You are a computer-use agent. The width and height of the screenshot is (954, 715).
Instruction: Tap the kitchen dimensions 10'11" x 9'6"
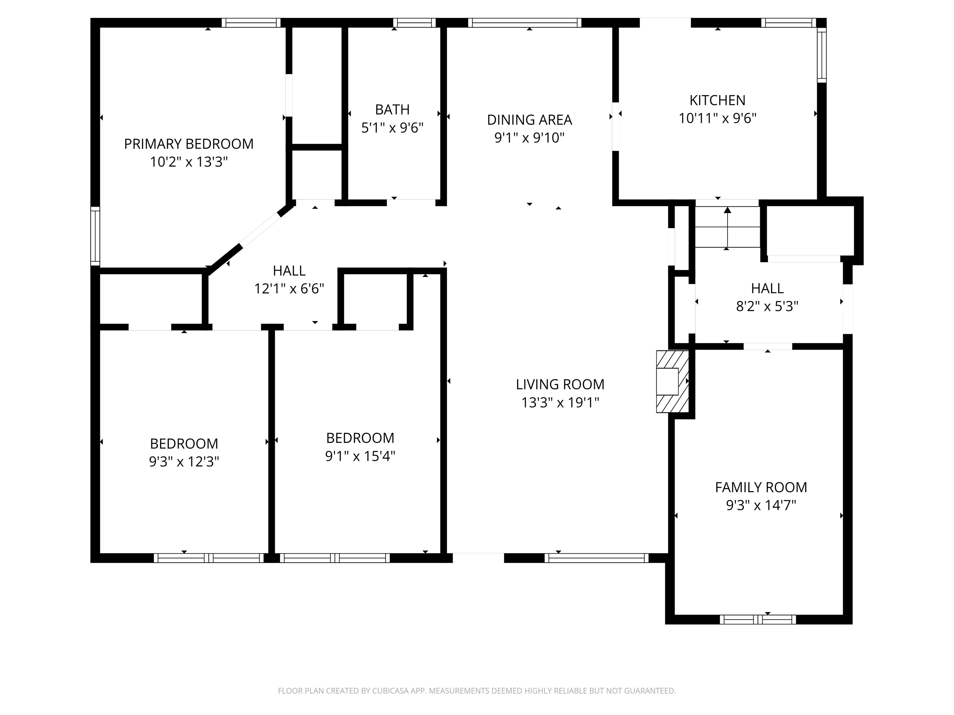tap(717, 118)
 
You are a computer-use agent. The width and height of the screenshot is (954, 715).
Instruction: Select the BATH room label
tap(392, 110)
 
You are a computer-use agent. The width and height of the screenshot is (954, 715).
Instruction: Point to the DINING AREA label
tap(529, 120)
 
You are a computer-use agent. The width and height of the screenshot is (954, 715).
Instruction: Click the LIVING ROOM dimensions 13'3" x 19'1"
tap(560, 402)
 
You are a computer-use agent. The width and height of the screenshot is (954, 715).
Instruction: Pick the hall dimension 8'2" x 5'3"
tap(767, 306)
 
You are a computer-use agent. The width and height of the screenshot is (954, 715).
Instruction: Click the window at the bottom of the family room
tap(758, 620)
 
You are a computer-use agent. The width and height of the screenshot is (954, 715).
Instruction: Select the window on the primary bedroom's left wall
tap(95, 236)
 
